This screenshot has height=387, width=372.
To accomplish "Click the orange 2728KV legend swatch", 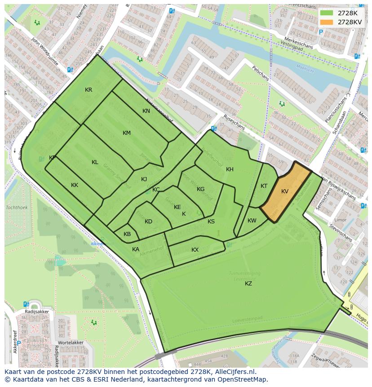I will tap(327, 22).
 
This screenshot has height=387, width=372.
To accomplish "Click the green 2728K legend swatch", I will tap(327, 13).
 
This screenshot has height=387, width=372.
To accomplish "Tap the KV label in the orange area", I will tap(285, 191).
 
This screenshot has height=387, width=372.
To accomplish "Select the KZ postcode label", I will tap(248, 284).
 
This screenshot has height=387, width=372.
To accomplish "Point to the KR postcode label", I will tap(89, 90).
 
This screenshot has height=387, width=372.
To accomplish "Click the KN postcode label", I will tap(146, 111).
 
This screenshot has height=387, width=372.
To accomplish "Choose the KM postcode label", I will tap(127, 133).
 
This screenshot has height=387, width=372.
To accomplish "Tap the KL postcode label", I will tap(95, 162).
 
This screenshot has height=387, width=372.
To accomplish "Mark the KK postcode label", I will tap(75, 185).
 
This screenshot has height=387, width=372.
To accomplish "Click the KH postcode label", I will tap(230, 169).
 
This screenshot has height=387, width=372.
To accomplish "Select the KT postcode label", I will tap(264, 186).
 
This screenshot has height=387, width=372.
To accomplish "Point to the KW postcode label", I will tap(252, 221).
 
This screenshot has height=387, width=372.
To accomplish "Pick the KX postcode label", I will tap(195, 250).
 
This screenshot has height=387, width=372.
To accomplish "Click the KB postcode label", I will tap(127, 234).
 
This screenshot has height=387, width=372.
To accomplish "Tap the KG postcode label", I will tap(200, 189).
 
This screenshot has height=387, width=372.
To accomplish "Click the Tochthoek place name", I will tap(17, 208).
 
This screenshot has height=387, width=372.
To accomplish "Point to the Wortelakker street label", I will tap(71, 343).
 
